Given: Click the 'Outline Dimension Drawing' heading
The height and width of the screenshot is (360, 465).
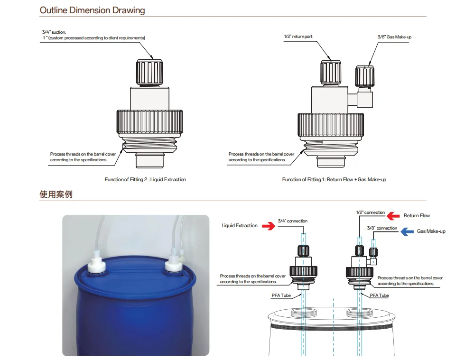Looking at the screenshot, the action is [x=92, y=10].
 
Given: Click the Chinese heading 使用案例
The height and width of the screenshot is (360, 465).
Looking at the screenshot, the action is [x=56, y=194].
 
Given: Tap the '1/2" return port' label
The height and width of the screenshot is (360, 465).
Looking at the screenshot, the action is [x=298, y=37].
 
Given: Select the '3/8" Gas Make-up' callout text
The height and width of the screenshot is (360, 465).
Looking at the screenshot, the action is [x=394, y=37].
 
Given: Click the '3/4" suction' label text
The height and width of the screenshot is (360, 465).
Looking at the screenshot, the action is [x=54, y=32].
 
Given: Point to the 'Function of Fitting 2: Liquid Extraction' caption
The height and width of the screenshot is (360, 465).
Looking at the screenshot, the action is [x=145, y=179].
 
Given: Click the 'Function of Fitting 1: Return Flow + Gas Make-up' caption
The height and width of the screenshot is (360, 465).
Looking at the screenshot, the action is [x=334, y=179].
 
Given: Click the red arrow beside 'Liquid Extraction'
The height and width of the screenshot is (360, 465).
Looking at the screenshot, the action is [x=269, y=226].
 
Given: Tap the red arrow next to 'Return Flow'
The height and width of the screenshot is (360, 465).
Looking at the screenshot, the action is [x=393, y=216].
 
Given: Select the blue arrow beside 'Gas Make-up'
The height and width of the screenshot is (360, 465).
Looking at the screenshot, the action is [x=407, y=231].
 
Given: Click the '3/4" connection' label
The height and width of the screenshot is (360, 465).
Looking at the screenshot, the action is [x=292, y=221].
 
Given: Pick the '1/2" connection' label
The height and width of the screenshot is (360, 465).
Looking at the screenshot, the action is [x=371, y=212].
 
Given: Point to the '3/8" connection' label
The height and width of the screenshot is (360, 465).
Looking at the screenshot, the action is [x=382, y=228].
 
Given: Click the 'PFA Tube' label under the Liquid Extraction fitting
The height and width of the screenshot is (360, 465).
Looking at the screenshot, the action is [x=281, y=295].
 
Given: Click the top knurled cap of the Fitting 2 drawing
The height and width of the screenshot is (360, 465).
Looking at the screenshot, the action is [x=149, y=73].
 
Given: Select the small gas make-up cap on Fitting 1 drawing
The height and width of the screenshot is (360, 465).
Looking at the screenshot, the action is [x=364, y=76].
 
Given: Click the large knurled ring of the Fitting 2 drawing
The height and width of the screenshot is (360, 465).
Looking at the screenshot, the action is [x=149, y=122].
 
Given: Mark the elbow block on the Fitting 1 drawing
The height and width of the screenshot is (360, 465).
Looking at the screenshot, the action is [x=365, y=99].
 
